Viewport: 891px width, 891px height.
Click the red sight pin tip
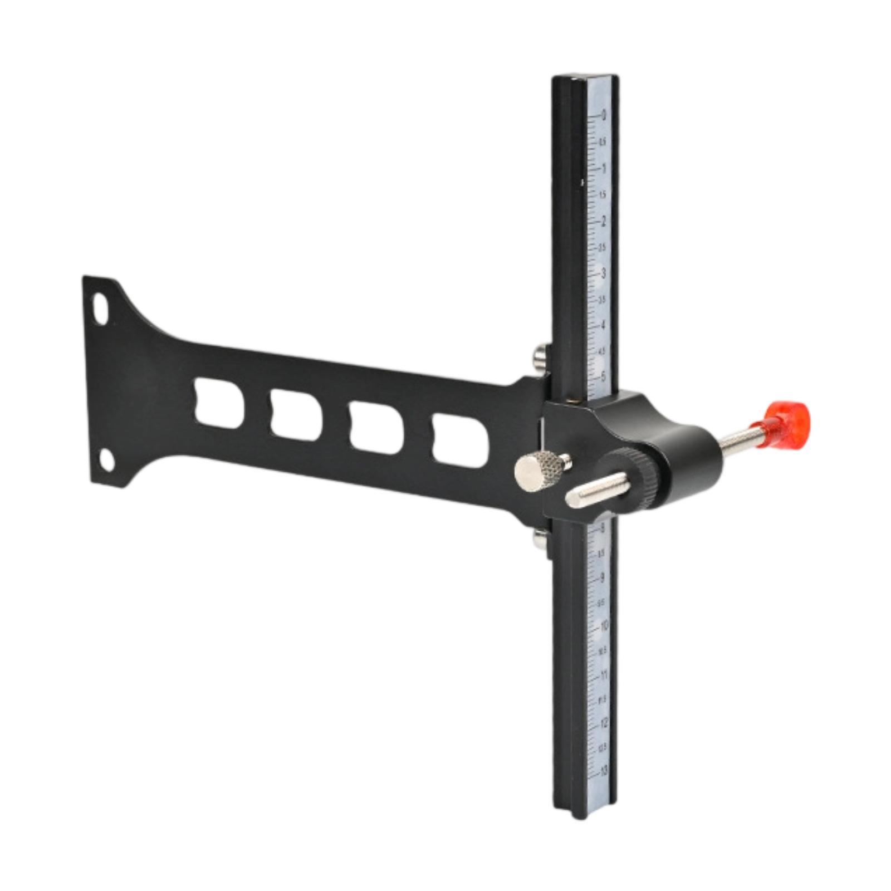point(789,421)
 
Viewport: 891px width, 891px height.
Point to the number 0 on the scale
point(603,116)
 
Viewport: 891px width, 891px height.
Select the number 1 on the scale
point(603,168)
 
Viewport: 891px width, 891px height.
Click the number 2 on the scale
point(603,221)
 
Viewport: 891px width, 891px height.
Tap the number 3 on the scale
point(603,273)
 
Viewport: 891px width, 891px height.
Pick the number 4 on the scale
point(603,325)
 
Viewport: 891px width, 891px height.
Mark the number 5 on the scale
point(603,377)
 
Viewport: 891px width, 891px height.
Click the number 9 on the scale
point(603,577)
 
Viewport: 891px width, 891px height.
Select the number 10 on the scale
point(604,626)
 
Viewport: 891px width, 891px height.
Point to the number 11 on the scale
point(604,675)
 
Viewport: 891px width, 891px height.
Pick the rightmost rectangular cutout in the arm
point(461,440)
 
